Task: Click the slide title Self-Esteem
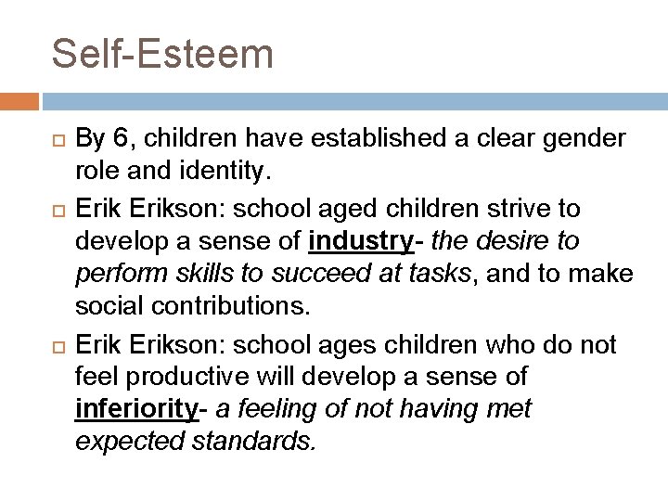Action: (x=162, y=53)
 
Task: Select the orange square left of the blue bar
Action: (x=19, y=98)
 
